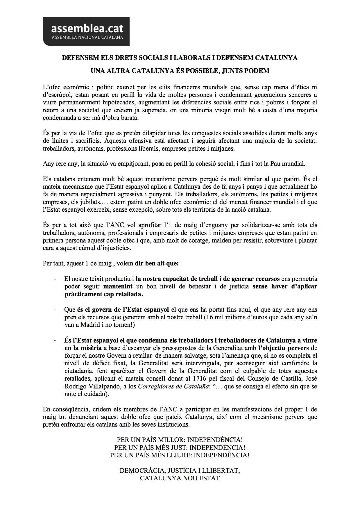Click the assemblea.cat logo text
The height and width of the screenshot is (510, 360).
[87, 29]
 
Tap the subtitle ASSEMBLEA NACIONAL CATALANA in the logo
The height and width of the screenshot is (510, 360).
[87, 38]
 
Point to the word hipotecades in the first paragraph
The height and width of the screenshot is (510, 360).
[119, 102]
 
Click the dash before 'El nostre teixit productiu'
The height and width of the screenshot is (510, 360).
[55, 279]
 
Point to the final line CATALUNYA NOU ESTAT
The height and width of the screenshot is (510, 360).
[180, 478]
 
